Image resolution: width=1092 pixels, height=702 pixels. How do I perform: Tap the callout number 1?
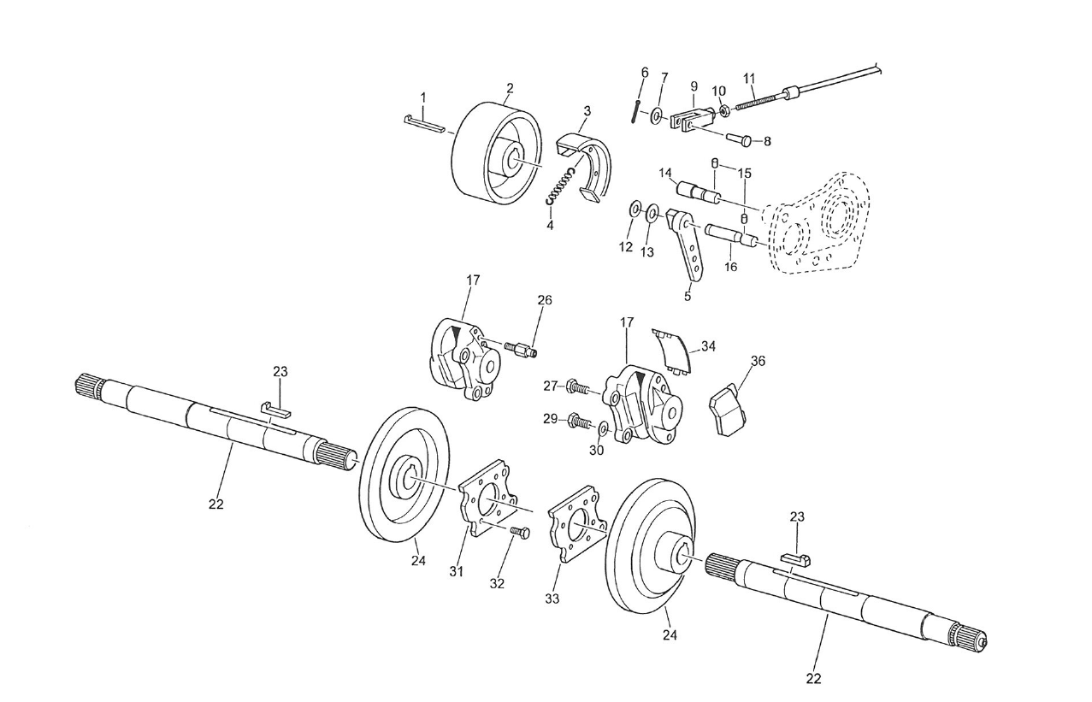pos(422,98)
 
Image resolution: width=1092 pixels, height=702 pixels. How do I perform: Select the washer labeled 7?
pos(657,115)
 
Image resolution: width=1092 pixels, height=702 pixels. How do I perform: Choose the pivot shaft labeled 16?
pos(729,234)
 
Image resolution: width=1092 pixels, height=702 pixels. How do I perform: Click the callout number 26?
pos(545,300)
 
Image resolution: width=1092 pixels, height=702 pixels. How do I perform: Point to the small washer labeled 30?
pos(605,427)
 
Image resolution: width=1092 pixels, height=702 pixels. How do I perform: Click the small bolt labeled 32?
pos(519,533)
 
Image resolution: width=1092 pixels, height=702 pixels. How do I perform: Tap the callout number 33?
pos(552,599)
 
